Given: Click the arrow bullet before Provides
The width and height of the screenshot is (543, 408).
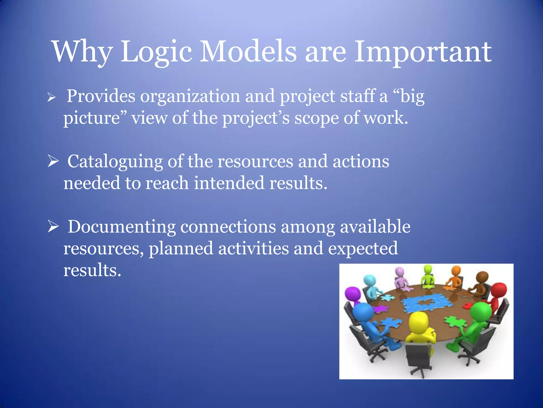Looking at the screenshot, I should [x=51, y=97].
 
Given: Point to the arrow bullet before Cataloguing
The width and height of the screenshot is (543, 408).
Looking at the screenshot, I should [x=53, y=161].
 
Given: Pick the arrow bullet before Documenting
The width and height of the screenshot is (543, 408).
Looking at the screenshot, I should [x=53, y=227].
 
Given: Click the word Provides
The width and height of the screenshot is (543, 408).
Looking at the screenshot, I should [x=101, y=96].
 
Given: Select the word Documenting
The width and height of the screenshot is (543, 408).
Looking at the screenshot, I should [x=121, y=227].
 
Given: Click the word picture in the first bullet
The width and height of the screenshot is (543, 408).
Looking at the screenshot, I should [x=92, y=118].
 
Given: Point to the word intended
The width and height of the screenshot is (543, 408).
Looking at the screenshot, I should [x=229, y=183].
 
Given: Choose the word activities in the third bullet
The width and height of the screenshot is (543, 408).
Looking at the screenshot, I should [x=253, y=248].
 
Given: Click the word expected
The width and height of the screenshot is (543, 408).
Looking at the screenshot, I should [x=363, y=248].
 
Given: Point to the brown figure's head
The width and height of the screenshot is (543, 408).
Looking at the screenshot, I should [x=482, y=277].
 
